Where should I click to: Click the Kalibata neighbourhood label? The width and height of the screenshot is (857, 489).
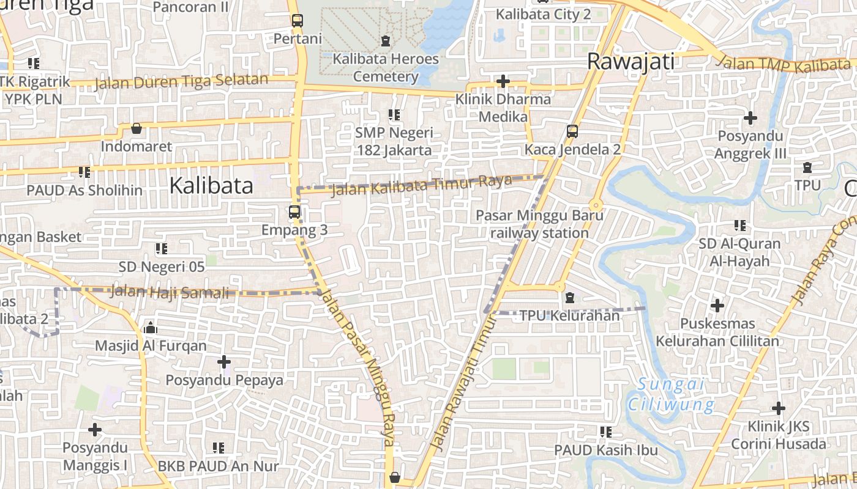point(211,185)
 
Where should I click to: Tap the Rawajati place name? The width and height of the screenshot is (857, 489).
point(631,61)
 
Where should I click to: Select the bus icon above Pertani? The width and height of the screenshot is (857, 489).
point(298,20)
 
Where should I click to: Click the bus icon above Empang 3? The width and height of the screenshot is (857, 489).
point(294,212)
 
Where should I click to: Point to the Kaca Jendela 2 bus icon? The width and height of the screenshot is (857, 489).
point(572,131)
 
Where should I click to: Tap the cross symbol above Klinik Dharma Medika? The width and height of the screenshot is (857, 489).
point(503,81)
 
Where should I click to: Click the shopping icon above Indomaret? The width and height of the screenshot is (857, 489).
point(137,128)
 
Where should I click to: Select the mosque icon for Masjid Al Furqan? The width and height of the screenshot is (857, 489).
point(151,328)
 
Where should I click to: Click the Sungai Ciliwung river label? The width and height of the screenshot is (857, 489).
point(671,394)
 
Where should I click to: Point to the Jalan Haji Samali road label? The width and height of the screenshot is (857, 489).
point(170,293)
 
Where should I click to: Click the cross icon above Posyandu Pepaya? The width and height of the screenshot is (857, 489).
point(224,362)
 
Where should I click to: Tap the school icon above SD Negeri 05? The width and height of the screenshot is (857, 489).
point(162,248)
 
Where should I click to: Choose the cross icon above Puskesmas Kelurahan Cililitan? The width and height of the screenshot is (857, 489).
point(717,304)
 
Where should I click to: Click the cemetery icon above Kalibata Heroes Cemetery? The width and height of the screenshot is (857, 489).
point(386,41)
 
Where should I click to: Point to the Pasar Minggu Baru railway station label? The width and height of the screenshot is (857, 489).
point(539,224)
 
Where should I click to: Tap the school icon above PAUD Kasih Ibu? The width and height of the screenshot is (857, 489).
point(606,432)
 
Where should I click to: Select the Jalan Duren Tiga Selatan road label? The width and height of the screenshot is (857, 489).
point(181,81)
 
